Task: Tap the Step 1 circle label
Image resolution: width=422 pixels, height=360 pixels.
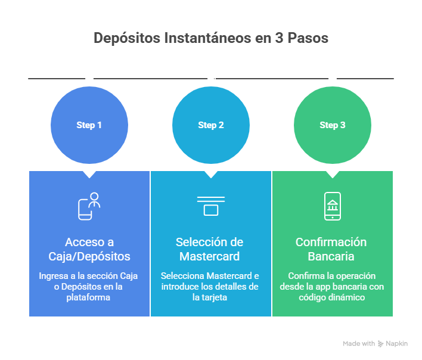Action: tap(89, 125)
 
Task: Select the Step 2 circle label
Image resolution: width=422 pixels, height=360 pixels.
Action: tap(211, 125)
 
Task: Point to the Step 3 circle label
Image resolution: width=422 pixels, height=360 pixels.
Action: tap(333, 125)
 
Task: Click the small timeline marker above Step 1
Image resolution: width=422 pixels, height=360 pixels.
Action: tap(89, 79)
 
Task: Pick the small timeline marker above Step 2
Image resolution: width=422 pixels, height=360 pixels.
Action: tap(211, 79)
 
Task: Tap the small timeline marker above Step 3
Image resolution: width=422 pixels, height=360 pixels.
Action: tap(333, 79)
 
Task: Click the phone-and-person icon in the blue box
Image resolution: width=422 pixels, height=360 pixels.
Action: tap(89, 206)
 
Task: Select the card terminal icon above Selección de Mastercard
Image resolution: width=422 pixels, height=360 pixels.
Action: tap(211, 206)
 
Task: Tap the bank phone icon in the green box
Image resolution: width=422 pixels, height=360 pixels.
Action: tap(333, 206)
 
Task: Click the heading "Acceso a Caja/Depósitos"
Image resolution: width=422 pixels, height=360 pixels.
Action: tap(89, 249)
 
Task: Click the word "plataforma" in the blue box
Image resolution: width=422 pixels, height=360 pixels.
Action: tap(89, 297)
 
